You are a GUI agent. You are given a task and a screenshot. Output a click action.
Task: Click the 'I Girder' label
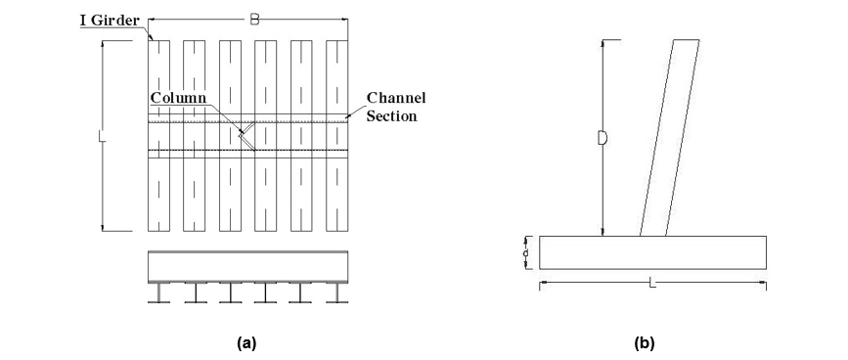tap(111, 22)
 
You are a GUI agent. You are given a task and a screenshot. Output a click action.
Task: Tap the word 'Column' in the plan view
tap(178, 98)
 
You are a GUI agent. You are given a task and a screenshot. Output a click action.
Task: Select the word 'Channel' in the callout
tap(396, 98)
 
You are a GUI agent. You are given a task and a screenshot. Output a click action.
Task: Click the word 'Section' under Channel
tap(392, 116)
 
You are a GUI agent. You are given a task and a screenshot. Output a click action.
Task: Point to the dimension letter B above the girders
tap(254, 20)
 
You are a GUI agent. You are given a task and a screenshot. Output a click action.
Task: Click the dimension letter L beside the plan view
tap(103, 136)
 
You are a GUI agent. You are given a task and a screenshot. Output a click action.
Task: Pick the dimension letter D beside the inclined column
tap(603, 138)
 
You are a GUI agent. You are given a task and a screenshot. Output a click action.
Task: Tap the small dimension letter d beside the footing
tap(525, 253)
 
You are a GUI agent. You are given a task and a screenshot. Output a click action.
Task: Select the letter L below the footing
tap(652, 282)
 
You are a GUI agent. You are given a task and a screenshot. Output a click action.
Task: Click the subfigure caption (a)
tap(246, 342)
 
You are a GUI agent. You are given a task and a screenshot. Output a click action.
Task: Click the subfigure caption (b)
tap(645, 342)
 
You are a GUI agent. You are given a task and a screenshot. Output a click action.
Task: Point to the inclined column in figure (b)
tap(670, 138)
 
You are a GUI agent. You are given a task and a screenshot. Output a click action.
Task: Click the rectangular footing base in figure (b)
tap(652, 252)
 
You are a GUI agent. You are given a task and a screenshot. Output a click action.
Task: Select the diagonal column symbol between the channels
tap(247, 135)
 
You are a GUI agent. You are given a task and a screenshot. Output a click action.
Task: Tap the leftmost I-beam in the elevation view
tap(158, 292)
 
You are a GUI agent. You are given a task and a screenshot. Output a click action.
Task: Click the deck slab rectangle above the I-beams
tap(248, 267)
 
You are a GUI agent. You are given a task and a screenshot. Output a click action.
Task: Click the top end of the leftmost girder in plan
tap(158, 40)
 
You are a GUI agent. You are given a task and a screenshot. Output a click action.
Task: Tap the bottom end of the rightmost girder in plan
tap(336, 231)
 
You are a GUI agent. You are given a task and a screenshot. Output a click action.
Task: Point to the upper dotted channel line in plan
tap(248, 122)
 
